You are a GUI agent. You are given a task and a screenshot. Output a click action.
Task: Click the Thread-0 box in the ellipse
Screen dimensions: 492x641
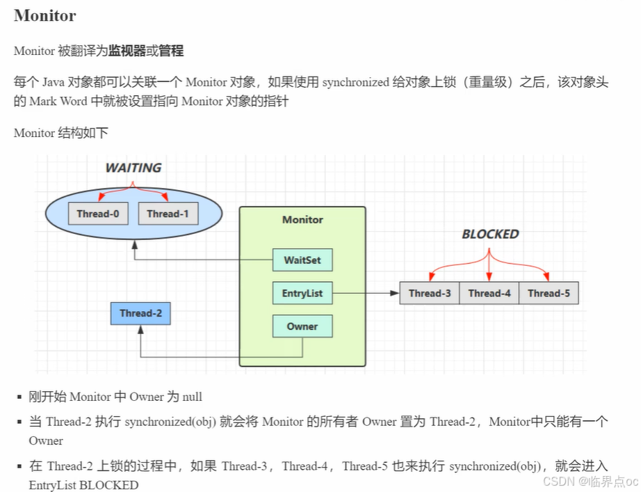(98, 214)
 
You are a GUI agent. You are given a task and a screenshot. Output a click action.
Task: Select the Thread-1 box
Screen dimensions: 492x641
(168, 214)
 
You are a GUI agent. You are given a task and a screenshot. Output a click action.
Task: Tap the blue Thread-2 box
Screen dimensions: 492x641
(140, 313)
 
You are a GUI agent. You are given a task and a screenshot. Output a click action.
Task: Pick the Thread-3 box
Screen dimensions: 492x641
(430, 293)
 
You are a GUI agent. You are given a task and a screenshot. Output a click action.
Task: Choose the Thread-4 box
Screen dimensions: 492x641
(489, 293)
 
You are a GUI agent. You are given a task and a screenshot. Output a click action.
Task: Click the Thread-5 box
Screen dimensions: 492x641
(549, 293)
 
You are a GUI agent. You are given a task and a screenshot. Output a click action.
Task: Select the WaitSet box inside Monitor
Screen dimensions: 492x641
(302, 260)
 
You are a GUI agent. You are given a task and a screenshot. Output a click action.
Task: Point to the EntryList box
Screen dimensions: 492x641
(302, 293)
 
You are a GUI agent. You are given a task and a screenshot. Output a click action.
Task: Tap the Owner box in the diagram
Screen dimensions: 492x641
(302, 326)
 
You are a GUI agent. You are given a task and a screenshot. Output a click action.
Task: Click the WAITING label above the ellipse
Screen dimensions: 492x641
(133, 168)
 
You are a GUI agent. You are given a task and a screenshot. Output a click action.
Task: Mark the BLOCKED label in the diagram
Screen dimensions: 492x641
(490, 235)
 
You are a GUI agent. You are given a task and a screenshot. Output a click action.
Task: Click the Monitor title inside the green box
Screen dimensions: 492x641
(302, 219)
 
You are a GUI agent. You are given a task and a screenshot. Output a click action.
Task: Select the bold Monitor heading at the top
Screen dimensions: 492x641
(44, 15)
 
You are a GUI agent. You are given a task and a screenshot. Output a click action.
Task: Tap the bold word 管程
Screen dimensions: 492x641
(171, 51)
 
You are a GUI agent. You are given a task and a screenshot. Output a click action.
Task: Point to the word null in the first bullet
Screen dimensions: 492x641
(193, 397)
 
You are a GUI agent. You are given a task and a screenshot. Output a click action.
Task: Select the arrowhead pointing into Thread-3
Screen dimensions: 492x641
(396, 293)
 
